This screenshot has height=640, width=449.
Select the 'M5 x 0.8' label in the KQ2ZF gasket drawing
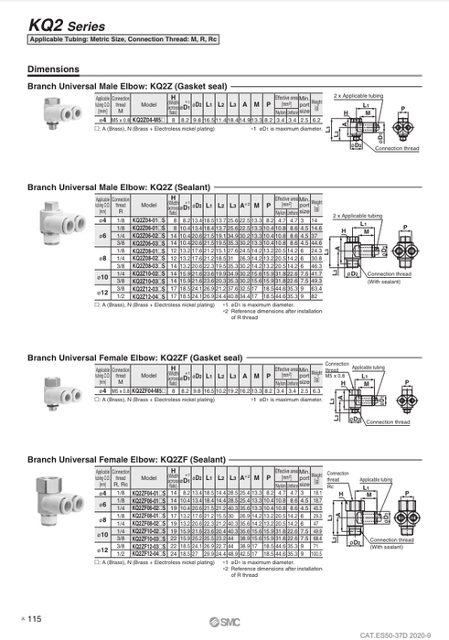338,375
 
